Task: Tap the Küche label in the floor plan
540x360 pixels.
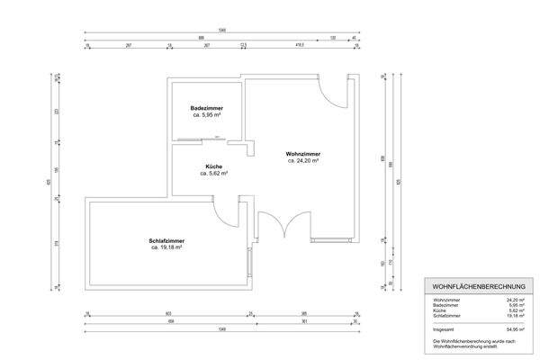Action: (213, 166)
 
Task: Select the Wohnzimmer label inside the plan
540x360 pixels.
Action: (303, 154)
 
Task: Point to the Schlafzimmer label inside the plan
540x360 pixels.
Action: (167, 240)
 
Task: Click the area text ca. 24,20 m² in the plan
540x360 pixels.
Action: (303, 161)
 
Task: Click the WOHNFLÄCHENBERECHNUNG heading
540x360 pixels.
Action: (473, 286)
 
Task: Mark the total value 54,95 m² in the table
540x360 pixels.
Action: (515, 330)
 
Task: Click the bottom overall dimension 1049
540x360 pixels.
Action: (220, 330)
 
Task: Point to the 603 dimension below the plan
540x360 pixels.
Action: (168, 312)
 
